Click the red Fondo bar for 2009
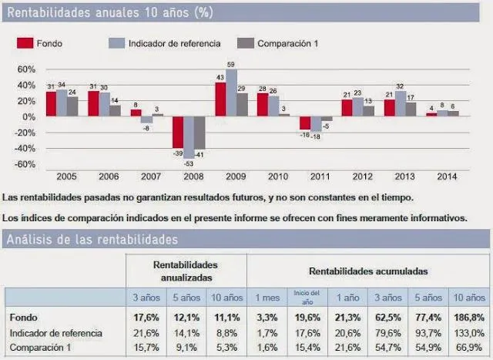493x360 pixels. click(220, 99)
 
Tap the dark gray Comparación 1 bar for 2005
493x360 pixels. click(72, 106)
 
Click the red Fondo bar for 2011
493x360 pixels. click(305, 123)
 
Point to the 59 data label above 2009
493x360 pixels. click(231, 74)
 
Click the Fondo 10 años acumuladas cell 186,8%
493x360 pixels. click(468, 317)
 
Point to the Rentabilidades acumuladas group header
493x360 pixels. click(368, 271)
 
